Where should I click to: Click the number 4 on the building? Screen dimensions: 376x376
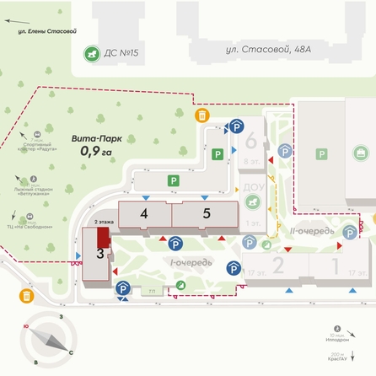[144, 214]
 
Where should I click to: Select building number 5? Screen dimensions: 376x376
[207, 213]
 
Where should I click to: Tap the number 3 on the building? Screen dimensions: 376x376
[99, 252]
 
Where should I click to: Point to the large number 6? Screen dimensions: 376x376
[250, 140]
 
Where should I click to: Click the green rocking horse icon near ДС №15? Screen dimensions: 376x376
[88, 52]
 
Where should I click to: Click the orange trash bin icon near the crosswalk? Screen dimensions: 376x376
[201, 115]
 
